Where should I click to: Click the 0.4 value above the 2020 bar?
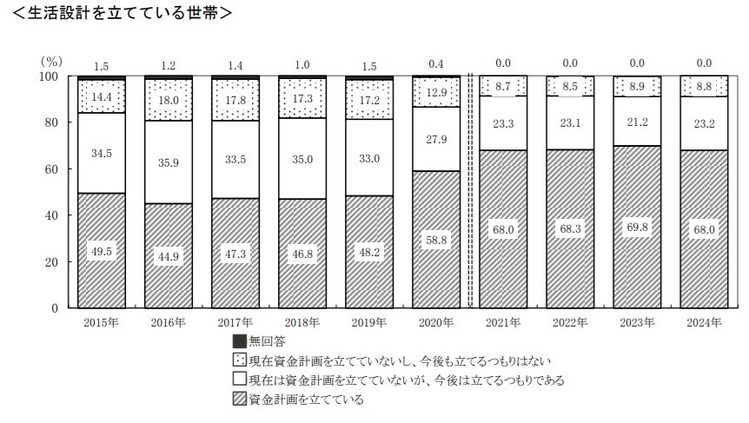click(x=437, y=63)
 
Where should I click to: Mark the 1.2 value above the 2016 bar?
click(x=168, y=63)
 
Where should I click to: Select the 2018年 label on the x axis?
click(x=302, y=323)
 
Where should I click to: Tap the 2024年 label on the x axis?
click(x=704, y=323)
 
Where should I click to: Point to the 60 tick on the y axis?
click(x=52, y=169)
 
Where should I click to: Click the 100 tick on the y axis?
click(x=49, y=76)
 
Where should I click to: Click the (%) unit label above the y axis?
click(x=51, y=62)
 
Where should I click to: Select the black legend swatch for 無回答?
click(x=239, y=341)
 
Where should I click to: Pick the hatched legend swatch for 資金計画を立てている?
click(x=239, y=400)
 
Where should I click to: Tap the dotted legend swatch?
click(x=239, y=360)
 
